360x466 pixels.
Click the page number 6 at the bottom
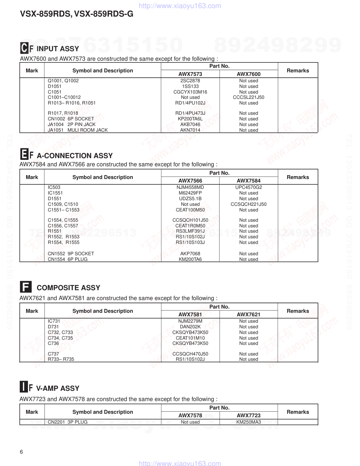click(x=22, y=452)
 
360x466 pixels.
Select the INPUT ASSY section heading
click(x=58, y=49)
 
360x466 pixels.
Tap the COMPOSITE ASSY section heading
click(x=68, y=288)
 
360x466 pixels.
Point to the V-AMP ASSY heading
click(x=58, y=388)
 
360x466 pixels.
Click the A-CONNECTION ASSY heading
click(x=74, y=156)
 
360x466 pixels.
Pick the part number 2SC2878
click(x=190, y=81)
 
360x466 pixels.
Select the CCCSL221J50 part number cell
click(x=248, y=97)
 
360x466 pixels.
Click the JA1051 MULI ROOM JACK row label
click(x=78, y=130)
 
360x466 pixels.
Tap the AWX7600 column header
click(x=248, y=74)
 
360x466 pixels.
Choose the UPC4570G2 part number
click(x=248, y=187)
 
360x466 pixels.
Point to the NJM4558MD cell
click(x=190, y=187)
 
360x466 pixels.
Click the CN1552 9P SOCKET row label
click(x=71, y=253)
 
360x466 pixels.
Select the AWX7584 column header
click(x=248, y=181)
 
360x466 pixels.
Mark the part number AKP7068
click(x=190, y=253)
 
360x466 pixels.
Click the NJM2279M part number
click(x=190, y=321)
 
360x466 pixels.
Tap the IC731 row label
click(x=54, y=321)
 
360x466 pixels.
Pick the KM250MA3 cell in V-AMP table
click(x=248, y=422)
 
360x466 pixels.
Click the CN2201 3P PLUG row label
click(x=68, y=422)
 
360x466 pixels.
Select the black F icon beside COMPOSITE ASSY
click(x=25, y=287)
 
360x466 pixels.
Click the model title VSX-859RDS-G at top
click(x=104, y=14)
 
